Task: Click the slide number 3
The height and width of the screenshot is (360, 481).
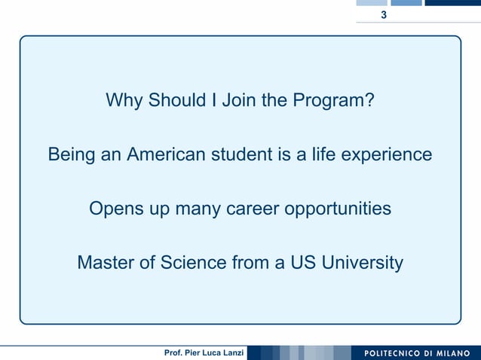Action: coord(384,16)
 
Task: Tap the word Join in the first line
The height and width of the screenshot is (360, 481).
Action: coord(239,100)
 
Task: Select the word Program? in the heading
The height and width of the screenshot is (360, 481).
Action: coord(337,101)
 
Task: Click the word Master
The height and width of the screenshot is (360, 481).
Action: coord(106,263)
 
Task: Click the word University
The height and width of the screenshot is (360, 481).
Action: coord(363,264)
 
